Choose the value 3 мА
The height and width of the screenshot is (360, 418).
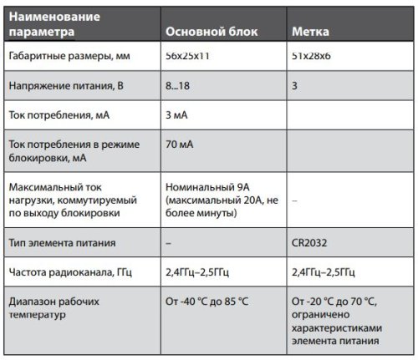[x=179, y=114]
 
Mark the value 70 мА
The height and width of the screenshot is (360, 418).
[x=181, y=145]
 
